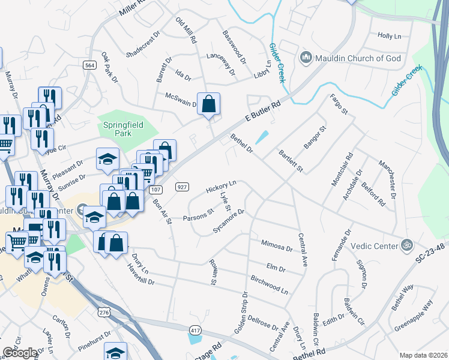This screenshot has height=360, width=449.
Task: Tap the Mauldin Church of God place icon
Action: [306, 58]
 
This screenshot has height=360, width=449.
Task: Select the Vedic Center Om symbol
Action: [408, 245]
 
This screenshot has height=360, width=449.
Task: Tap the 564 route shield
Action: [90, 65]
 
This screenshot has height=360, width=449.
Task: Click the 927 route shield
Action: [183, 187]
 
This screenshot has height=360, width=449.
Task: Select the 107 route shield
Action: [156, 190]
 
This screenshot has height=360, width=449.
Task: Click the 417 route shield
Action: [195, 331]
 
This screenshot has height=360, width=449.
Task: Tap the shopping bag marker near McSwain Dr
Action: [208, 104]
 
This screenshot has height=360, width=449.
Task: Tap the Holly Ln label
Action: [389, 36]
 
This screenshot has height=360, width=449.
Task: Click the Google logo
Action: [20, 353]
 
